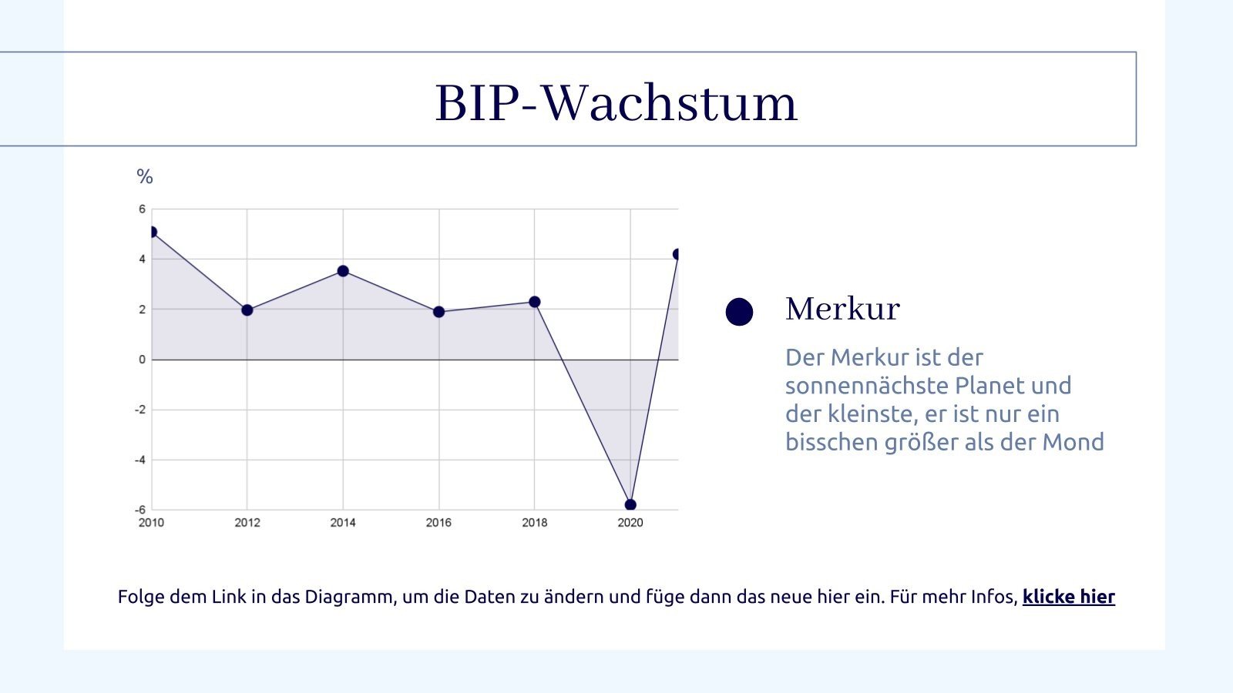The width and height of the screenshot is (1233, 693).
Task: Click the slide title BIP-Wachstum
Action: click(x=616, y=103)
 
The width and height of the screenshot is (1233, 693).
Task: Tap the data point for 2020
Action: click(x=630, y=505)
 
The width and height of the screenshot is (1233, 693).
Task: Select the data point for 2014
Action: click(x=343, y=271)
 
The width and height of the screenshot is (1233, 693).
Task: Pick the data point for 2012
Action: click(x=247, y=310)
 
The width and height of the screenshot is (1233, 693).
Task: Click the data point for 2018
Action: click(x=535, y=302)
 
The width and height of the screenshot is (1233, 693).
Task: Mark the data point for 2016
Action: click(x=438, y=312)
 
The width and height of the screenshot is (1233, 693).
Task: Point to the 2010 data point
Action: click(x=152, y=232)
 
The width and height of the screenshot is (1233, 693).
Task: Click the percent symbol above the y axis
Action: click(x=145, y=177)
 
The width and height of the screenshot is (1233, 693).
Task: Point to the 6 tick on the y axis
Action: click(x=142, y=209)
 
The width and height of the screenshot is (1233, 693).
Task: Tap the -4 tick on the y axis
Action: click(x=140, y=460)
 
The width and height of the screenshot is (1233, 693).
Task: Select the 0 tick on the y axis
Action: click(x=142, y=360)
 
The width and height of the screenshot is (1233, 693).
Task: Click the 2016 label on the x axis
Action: click(x=438, y=523)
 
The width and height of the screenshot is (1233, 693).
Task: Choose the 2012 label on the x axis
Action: click(x=247, y=523)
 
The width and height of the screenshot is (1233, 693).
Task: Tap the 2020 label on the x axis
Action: click(x=630, y=523)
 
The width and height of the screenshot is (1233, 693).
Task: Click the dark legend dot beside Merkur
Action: click(x=739, y=312)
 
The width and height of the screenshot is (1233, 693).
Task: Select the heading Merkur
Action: click(x=842, y=310)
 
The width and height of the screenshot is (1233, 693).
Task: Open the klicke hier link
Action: click(x=1068, y=597)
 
